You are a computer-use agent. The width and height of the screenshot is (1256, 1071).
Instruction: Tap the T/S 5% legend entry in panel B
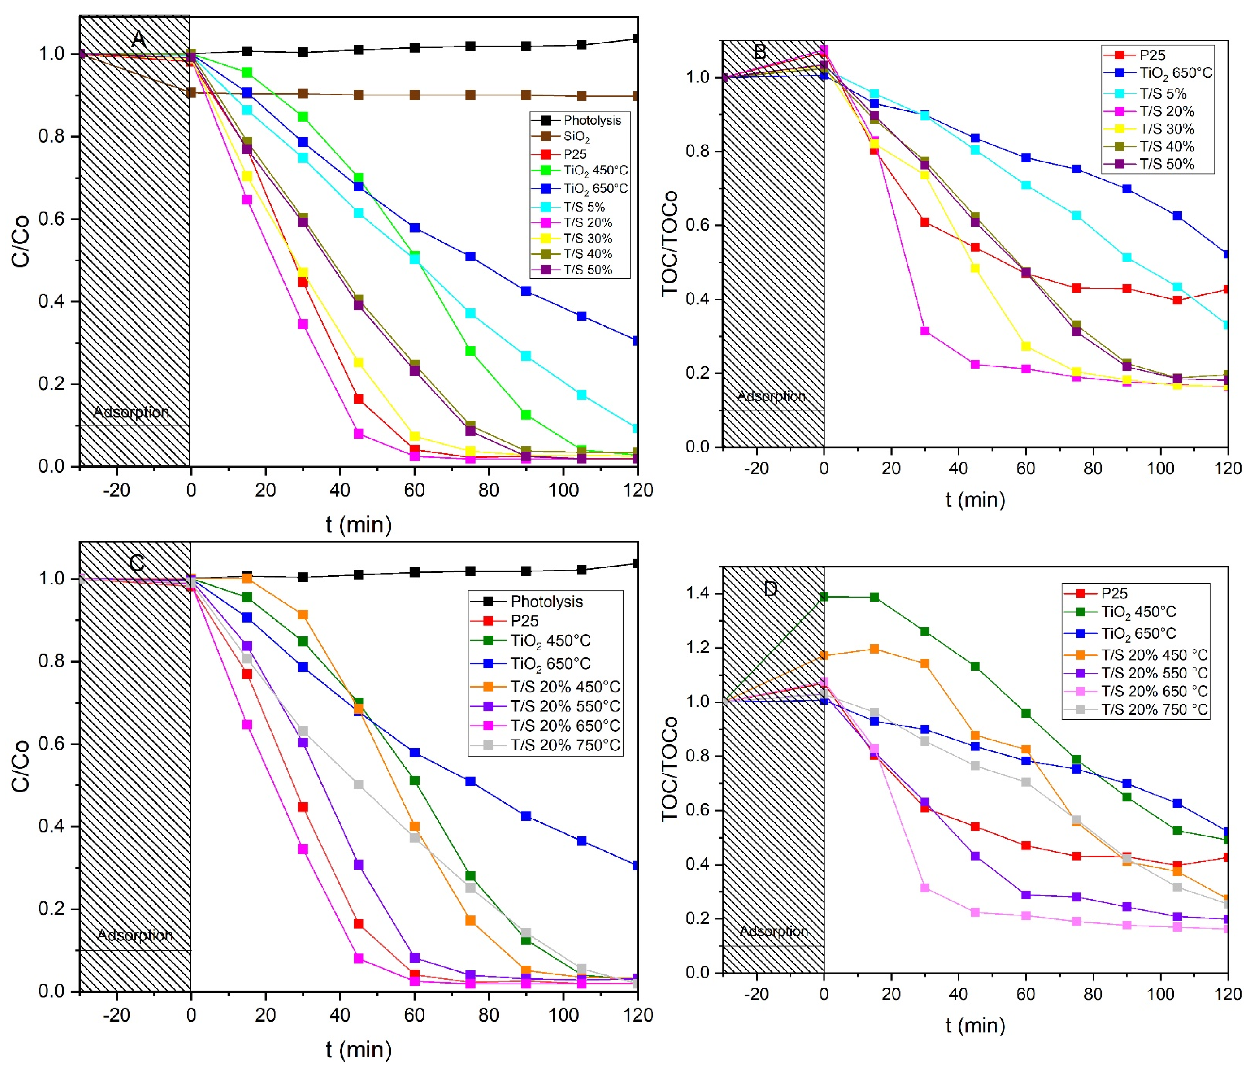pos(1162,93)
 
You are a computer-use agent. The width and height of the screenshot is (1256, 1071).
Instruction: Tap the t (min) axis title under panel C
pos(358,1049)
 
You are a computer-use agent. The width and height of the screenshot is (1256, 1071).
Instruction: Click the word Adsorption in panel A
pos(132,412)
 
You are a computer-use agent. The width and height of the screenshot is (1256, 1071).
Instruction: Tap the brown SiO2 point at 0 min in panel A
pos(191,93)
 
